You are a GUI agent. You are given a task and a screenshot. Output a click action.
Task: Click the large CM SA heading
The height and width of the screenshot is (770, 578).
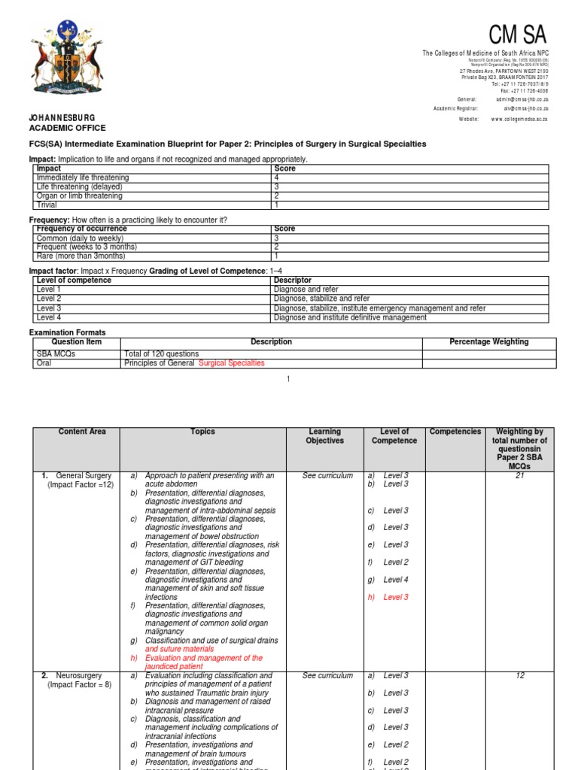pos(518,35)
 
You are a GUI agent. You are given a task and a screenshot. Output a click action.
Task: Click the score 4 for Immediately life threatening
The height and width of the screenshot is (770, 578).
pos(277,177)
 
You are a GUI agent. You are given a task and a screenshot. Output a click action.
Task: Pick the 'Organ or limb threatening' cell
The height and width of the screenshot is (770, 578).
pos(79,196)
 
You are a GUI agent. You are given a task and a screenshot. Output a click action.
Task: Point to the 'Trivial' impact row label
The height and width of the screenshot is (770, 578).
pos(47,205)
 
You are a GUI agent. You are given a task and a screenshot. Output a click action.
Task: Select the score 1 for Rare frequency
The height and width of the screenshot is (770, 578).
pos(277,256)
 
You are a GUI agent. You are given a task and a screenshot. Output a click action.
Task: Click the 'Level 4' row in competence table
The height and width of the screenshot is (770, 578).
pos(49,317)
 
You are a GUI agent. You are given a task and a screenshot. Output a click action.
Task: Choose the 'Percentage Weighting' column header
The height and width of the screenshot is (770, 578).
pos(488,342)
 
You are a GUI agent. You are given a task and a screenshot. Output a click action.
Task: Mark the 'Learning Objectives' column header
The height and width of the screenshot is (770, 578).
pos(324,436)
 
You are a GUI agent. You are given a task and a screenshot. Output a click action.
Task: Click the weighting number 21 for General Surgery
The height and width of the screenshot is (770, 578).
pos(519,476)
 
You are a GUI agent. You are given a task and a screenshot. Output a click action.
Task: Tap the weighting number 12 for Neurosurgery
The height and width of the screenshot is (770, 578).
pos(519,676)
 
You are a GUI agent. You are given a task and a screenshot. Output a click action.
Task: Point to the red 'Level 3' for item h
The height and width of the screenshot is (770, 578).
pos(396,597)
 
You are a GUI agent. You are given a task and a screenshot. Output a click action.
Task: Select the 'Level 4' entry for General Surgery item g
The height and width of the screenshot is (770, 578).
pos(396,580)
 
